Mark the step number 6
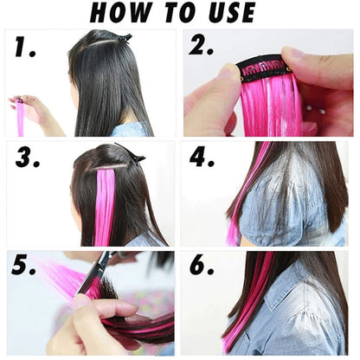click(x=201, y=266)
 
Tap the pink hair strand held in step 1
click(x=20, y=117)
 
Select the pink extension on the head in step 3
click(x=104, y=203)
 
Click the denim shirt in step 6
click(x=312, y=320)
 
